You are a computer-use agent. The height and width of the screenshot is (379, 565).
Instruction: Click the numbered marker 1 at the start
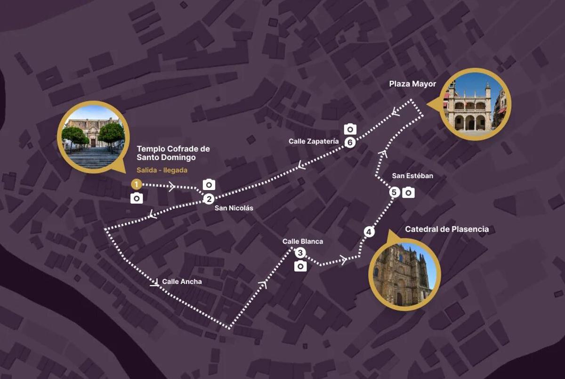(136, 184)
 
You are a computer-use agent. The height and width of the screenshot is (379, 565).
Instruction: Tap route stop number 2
(209, 199)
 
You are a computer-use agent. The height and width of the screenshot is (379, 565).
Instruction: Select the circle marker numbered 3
(300, 253)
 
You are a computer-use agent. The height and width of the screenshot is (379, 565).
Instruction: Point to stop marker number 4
(369, 232)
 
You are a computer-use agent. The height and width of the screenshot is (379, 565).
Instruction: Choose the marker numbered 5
(395, 192)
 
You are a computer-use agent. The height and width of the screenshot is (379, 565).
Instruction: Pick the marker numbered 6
(349, 142)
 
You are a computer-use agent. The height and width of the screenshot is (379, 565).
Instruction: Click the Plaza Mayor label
(412, 84)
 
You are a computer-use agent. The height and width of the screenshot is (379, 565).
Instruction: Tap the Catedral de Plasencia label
(447, 230)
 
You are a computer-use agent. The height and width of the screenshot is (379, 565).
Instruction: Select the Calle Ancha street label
(182, 282)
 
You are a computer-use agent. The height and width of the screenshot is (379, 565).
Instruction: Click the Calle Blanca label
(303, 241)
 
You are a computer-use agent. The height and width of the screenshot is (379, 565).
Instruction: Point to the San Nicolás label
(234, 208)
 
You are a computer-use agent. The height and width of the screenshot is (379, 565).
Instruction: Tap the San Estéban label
(412, 176)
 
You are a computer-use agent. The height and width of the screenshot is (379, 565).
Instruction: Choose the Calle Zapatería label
(314, 141)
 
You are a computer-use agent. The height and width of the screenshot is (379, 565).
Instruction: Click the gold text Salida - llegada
(162, 170)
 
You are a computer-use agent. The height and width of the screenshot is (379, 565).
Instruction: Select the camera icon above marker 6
(350, 129)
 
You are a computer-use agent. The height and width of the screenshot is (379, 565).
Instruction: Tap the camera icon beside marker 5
(409, 192)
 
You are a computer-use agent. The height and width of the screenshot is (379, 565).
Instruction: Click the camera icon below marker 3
(300, 267)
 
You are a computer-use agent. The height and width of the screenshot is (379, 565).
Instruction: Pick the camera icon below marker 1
(137, 198)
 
